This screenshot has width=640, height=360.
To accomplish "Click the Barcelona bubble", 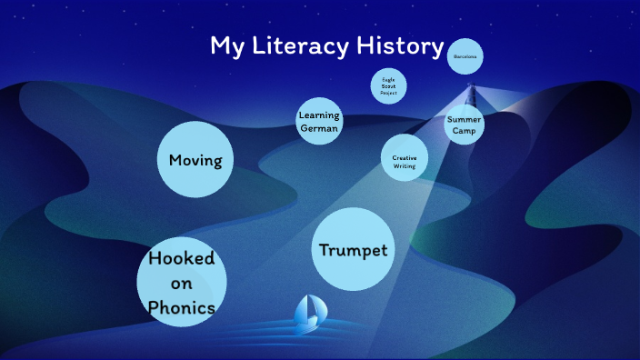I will pyautogui.click(x=465, y=56).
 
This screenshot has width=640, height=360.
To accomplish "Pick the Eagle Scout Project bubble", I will pyautogui.click(x=389, y=86).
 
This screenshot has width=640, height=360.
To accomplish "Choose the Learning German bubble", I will pyautogui.click(x=319, y=122).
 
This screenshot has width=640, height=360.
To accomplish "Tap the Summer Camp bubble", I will pyautogui.click(x=465, y=125).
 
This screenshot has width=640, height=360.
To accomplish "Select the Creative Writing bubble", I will pyautogui.click(x=405, y=158).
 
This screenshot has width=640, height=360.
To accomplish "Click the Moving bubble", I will pyautogui.click(x=195, y=161).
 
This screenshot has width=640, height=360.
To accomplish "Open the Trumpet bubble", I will pyautogui.click(x=354, y=249).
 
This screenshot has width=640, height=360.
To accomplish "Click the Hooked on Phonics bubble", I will pyautogui.click(x=182, y=283).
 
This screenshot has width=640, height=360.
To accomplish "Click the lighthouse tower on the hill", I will pyautogui.click(x=471, y=95).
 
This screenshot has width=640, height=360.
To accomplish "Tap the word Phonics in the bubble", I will pyautogui.click(x=182, y=308).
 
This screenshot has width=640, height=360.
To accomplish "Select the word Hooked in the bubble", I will pyautogui.click(x=182, y=258).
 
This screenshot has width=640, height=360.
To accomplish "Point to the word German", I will pyautogui.click(x=319, y=128).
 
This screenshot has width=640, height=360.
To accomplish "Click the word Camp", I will pyautogui.click(x=465, y=130).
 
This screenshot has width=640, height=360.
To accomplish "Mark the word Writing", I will pyautogui.click(x=405, y=166).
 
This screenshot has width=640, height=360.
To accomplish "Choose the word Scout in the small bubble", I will pyautogui.click(x=389, y=86).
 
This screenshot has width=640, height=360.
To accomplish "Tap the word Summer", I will pyautogui.click(x=465, y=119).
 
